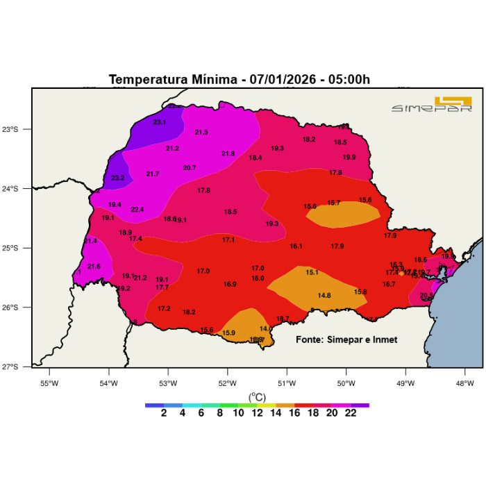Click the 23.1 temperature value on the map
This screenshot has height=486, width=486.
[160, 122]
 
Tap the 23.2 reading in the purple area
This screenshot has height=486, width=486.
[117, 178]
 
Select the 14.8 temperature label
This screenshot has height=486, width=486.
[324, 295]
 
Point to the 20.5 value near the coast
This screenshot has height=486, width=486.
[426, 295]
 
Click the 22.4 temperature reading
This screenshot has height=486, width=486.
[137, 210]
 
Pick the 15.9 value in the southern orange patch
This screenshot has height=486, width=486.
[228, 333]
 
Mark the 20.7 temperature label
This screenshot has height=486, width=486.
[190, 167]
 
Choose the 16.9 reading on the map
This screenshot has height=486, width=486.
[230, 284]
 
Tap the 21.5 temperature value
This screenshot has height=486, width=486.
[201, 132]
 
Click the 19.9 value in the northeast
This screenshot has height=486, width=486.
[349, 157]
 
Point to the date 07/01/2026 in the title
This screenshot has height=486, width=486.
[278, 79]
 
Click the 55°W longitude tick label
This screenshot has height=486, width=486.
[49, 383]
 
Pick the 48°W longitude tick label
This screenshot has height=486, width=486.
[464, 383]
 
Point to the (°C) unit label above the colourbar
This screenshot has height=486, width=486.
[258, 397]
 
